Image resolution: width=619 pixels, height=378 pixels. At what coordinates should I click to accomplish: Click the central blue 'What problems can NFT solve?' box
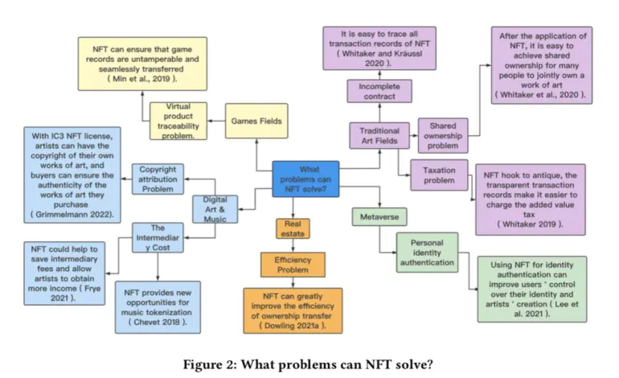point(305,179)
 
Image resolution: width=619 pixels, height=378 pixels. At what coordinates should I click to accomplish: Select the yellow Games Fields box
point(256,121)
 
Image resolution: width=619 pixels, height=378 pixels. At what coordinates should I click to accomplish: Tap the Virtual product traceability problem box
point(178,121)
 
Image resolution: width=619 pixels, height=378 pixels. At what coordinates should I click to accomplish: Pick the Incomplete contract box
point(379,91)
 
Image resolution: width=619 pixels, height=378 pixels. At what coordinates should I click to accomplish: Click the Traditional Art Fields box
point(379,135)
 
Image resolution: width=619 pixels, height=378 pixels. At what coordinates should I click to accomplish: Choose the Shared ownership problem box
point(443,135)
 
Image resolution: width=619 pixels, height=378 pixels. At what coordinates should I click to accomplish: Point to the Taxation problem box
point(439,175)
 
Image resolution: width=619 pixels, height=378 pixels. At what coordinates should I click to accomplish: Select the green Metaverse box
point(379,217)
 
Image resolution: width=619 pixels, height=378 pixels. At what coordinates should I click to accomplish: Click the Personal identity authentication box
point(427,253)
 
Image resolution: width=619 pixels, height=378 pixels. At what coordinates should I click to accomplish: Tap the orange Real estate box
point(293,228)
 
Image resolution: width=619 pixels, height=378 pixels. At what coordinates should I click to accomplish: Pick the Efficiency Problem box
point(293,265)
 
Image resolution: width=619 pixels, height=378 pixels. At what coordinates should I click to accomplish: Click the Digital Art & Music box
point(215,209)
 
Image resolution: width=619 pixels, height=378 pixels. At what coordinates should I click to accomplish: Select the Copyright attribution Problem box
point(158,179)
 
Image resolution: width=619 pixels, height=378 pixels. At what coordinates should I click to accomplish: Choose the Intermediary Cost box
point(158,238)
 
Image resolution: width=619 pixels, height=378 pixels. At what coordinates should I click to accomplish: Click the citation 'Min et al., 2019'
point(142,79)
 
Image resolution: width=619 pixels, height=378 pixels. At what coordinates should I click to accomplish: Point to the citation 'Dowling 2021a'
point(293,326)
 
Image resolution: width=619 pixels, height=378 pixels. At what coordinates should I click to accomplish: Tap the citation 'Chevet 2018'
point(158,322)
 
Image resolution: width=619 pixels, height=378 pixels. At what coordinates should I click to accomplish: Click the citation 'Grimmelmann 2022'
point(72,215)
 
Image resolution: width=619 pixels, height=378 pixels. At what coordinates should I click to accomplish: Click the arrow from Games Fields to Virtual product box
point(216,121)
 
